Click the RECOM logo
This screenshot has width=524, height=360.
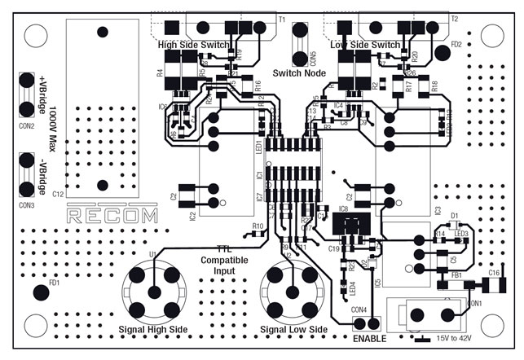click(x=112, y=216)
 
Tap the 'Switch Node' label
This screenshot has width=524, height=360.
click(x=300, y=73)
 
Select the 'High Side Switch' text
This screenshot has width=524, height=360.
click(x=194, y=45)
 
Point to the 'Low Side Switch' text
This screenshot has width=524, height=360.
click(x=366, y=45)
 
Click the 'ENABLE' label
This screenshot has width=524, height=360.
click(x=369, y=338)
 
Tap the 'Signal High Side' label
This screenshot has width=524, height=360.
click(x=155, y=329)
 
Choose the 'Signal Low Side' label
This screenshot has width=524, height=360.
click(x=293, y=329)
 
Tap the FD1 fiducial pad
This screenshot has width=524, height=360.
click(x=40, y=293)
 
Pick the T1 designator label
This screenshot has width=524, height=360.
click(x=282, y=18)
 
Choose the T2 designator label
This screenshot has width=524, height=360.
click(x=454, y=18)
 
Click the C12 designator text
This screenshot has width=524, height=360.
click(x=58, y=195)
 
